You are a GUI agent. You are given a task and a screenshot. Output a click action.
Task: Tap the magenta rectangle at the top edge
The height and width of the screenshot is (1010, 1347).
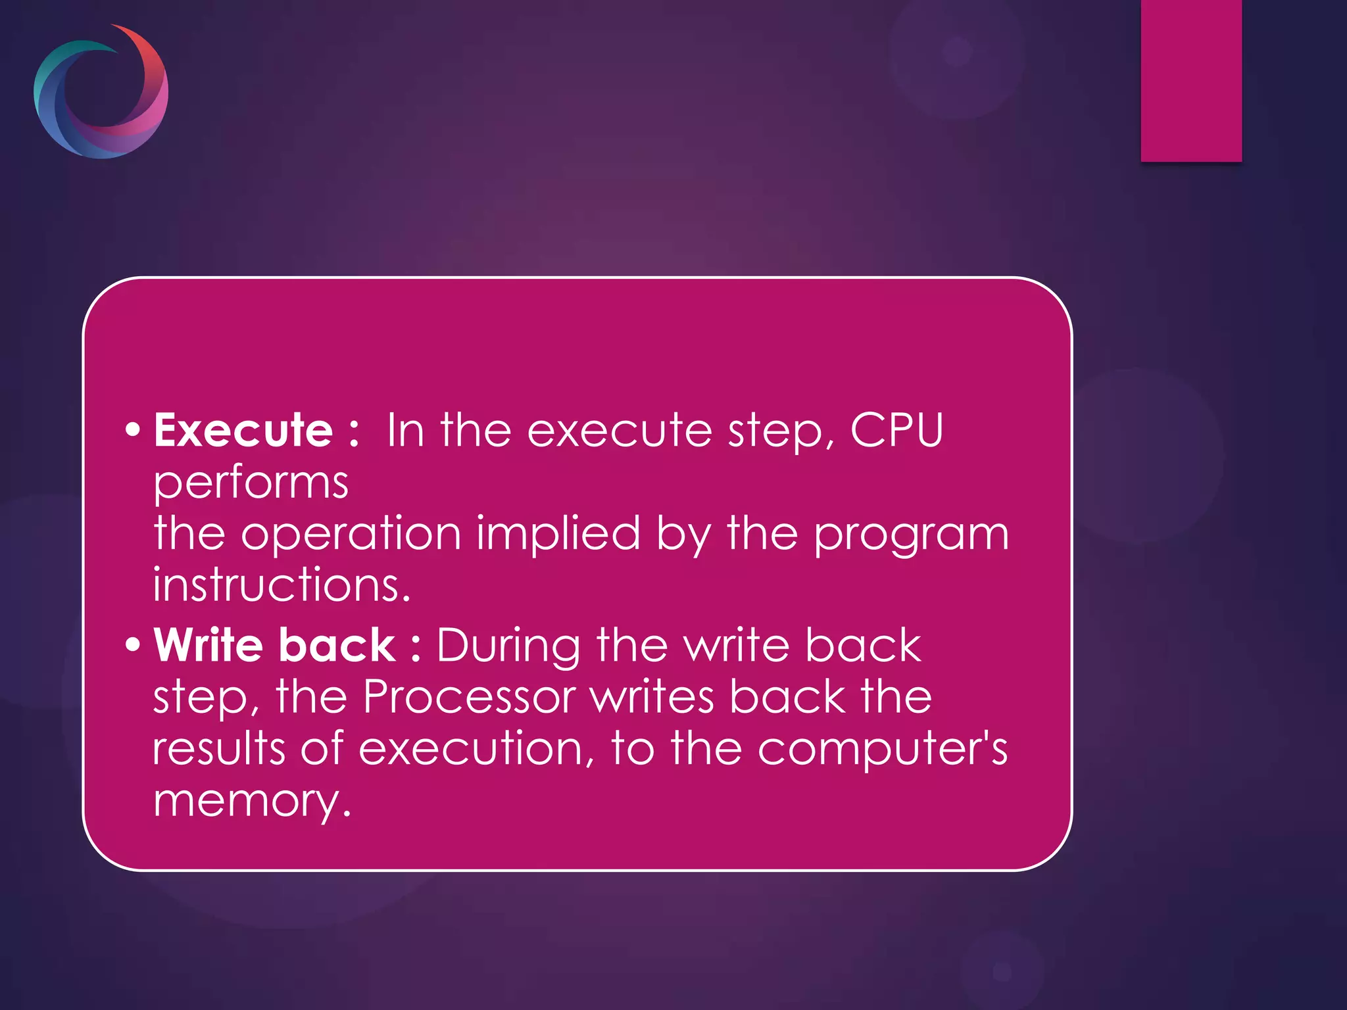pyautogui.click(x=1190, y=80)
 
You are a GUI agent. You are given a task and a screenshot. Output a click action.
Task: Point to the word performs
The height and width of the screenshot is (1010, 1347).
pyautogui.click(x=251, y=484)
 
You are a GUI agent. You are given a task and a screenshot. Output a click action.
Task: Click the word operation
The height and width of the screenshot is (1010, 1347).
pyautogui.click(x=351, y=534)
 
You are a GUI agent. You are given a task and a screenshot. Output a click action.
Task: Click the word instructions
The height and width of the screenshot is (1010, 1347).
pyautogui.click(x=282, y=585)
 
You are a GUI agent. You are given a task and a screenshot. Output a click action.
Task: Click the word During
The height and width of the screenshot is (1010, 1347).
pyautogui.click(x=508, y=647)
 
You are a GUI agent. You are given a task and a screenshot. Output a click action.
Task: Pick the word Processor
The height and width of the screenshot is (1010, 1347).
pyautogui.click(x=469, y=696)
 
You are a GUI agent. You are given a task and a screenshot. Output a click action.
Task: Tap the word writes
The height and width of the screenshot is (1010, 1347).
pyautogui.click(x=651, y=696)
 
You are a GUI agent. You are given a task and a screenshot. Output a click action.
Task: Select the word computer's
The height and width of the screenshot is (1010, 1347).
pyautogui.click(x=882, y=750)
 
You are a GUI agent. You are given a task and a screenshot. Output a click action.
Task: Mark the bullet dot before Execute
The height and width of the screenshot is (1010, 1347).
pyautogui.click(x=133, y=430)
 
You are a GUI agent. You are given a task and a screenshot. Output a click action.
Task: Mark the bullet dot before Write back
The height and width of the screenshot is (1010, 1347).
pyautogui.click(x=133, y=644)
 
